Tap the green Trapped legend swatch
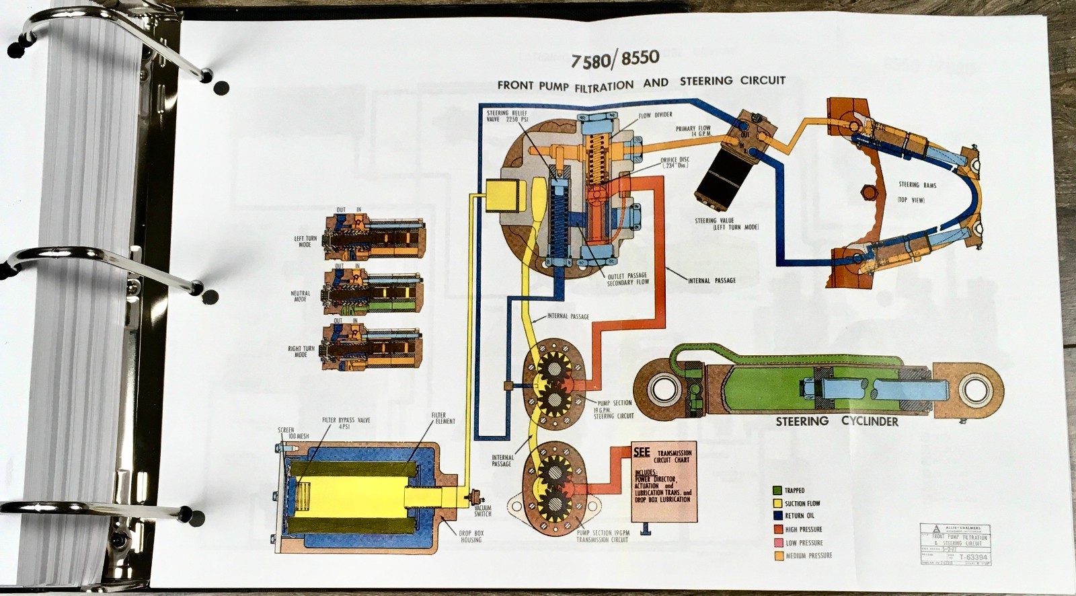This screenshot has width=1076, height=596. [x=777, y=490]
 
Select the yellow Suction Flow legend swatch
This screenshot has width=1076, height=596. [x=777, y=503]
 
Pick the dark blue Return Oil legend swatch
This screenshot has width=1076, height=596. [x=777, y=516]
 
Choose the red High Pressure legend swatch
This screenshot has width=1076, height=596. [x=777, y=529]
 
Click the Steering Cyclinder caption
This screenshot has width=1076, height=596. [x=837, y=422]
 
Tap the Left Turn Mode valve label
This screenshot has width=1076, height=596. [x=301, y=241]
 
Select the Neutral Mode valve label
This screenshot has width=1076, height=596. [x=300, y=296]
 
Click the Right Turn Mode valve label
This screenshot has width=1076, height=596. [x=300, y=352]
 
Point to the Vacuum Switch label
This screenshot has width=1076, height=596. [x=483, y=511]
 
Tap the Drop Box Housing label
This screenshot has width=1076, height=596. [x=471, y=536]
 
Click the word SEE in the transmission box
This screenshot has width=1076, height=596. [x=641, y=452]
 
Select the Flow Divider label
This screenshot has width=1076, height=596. [x=655, y=116]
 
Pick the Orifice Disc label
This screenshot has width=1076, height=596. [x=675, y=162]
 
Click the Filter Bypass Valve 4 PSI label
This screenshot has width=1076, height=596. [x=346, y=424]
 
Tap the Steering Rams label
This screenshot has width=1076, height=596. [x=917, y=184]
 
